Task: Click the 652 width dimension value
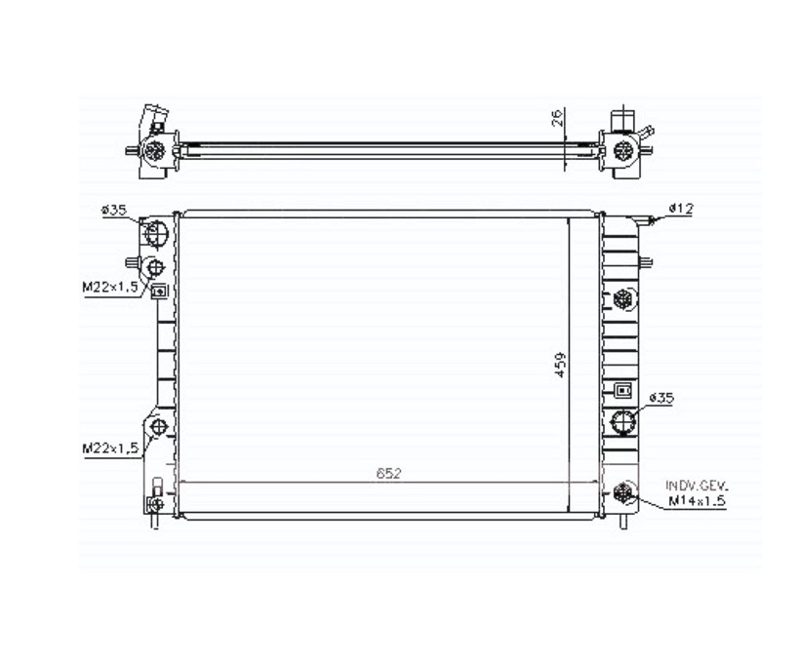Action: [x=388, y=473]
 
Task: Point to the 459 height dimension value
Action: [x=560, y=365]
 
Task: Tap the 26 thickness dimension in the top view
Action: [x=558, y=117]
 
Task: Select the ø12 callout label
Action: [x=682, y=208]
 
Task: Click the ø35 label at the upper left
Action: [x=114, y=210]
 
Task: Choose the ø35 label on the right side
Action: [x=661, y=398]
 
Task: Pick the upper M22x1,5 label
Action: [x=110, y=287]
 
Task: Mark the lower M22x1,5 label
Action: [x=110, y=448]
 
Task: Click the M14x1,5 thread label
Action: [x=697, y=501]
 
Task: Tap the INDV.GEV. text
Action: [x=697, y=485]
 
